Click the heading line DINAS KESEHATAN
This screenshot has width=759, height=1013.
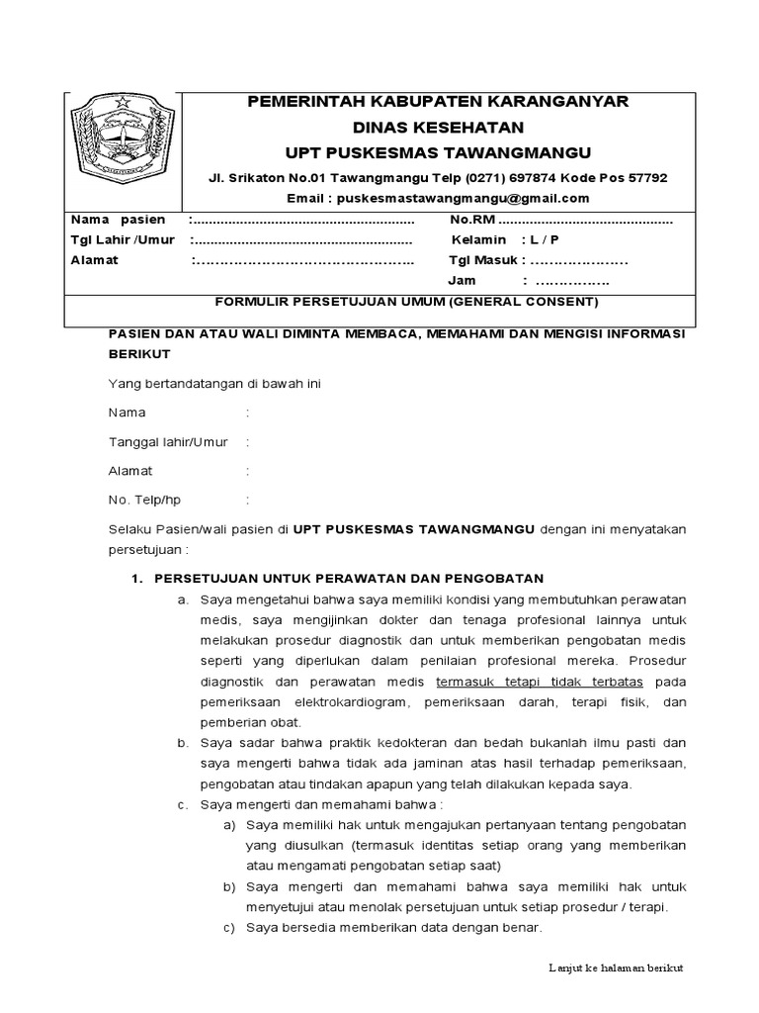click(x=438, y=128)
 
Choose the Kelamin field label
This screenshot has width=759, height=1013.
click(x=479, y=240)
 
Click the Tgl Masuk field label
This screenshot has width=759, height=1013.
click(x=484, y=261)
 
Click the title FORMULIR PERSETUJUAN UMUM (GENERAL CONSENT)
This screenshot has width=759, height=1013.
click(x=407, y=301)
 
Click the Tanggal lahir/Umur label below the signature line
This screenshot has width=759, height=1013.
click(x=167, y=441)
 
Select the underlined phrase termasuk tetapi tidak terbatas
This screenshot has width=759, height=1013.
click(x=539, y=683)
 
